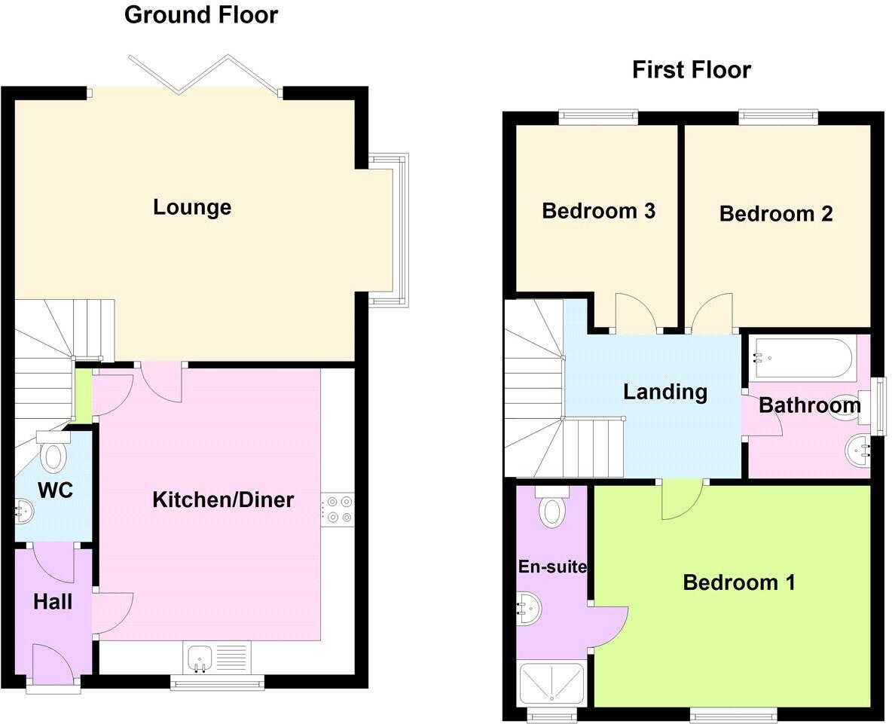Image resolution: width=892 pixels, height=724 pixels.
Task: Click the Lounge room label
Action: tap(192, 207)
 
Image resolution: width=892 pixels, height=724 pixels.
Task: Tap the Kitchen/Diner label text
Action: tap(223, 499)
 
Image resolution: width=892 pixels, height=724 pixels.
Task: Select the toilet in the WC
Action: tap(53, 455)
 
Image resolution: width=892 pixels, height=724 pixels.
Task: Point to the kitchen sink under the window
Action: tap(201, 657)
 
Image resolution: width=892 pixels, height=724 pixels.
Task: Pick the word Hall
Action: tap(53, 602)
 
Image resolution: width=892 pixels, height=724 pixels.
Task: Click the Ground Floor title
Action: tap(200, 14)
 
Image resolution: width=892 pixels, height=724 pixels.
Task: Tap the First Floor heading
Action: tap(691, 70)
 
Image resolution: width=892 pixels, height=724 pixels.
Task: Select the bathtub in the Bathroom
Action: tap(803, 358)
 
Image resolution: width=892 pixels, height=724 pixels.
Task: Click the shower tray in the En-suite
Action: tap(551, 684)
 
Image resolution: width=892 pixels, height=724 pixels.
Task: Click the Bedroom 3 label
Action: tap(599, 211)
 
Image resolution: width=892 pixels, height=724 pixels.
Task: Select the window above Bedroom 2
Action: tap(777, 116)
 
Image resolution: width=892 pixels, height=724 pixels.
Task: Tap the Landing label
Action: tap(665, 392)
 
